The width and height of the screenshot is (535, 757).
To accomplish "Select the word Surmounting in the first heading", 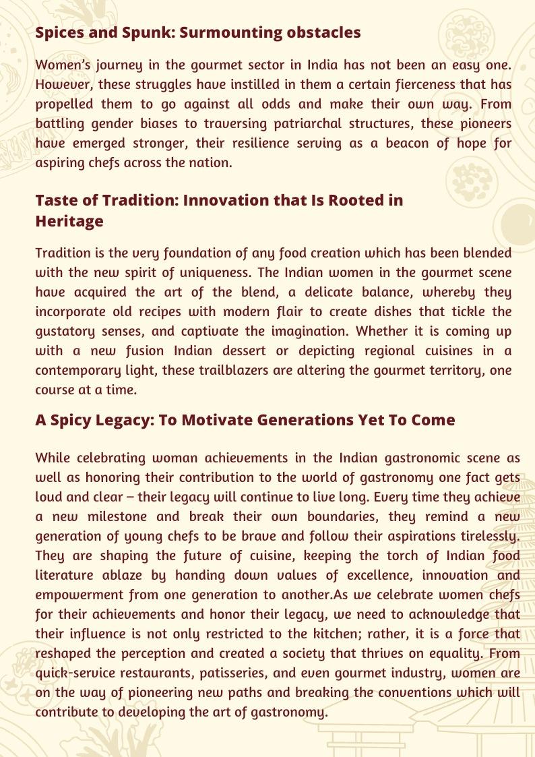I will click(228, 32).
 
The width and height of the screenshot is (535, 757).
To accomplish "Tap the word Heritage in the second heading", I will click(69, 221).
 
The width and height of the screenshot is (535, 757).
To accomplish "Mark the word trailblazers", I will click(253, 370).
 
